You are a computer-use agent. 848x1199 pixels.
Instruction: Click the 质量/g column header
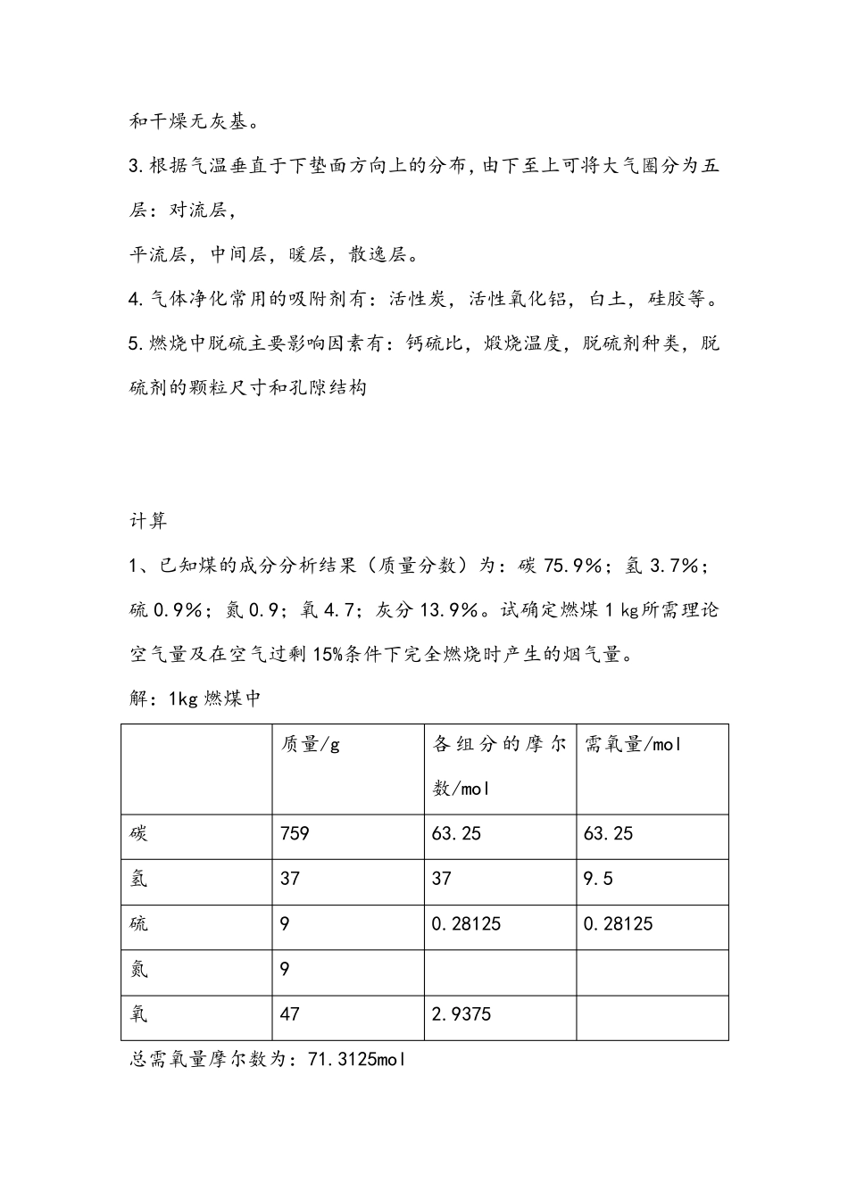pos(311,744)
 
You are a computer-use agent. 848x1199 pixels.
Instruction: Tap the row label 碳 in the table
pos(138,834)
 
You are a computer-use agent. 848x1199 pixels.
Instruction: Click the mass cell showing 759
pos(295,834)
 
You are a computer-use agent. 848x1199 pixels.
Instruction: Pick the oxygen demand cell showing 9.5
pos(598,880)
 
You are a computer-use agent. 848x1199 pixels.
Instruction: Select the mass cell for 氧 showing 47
pos(290,1014)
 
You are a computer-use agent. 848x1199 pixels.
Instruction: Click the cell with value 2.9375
pos(461,1014)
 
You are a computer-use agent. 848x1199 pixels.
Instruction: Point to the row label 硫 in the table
pos(138,924)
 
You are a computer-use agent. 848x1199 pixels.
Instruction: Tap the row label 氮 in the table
pos(138,970)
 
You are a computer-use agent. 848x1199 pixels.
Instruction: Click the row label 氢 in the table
pos(138,880)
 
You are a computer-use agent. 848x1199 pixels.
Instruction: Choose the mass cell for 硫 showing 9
pos(285,924)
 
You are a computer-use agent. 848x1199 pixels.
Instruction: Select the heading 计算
pos(148,520)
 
